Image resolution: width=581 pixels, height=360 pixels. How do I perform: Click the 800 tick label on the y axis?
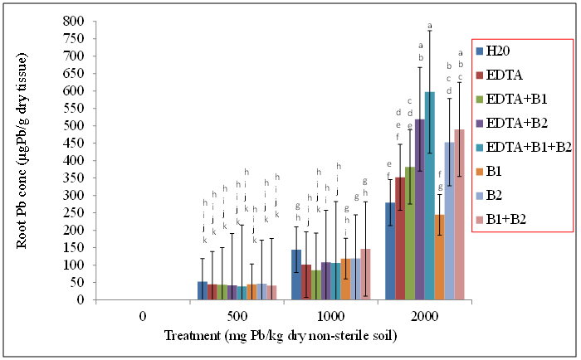pos(74,21)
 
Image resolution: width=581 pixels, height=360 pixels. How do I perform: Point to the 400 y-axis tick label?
pos(74,160)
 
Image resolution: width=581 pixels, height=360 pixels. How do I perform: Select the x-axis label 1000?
pos(330,316)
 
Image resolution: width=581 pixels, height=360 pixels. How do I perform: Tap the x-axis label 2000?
pos(424,316)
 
